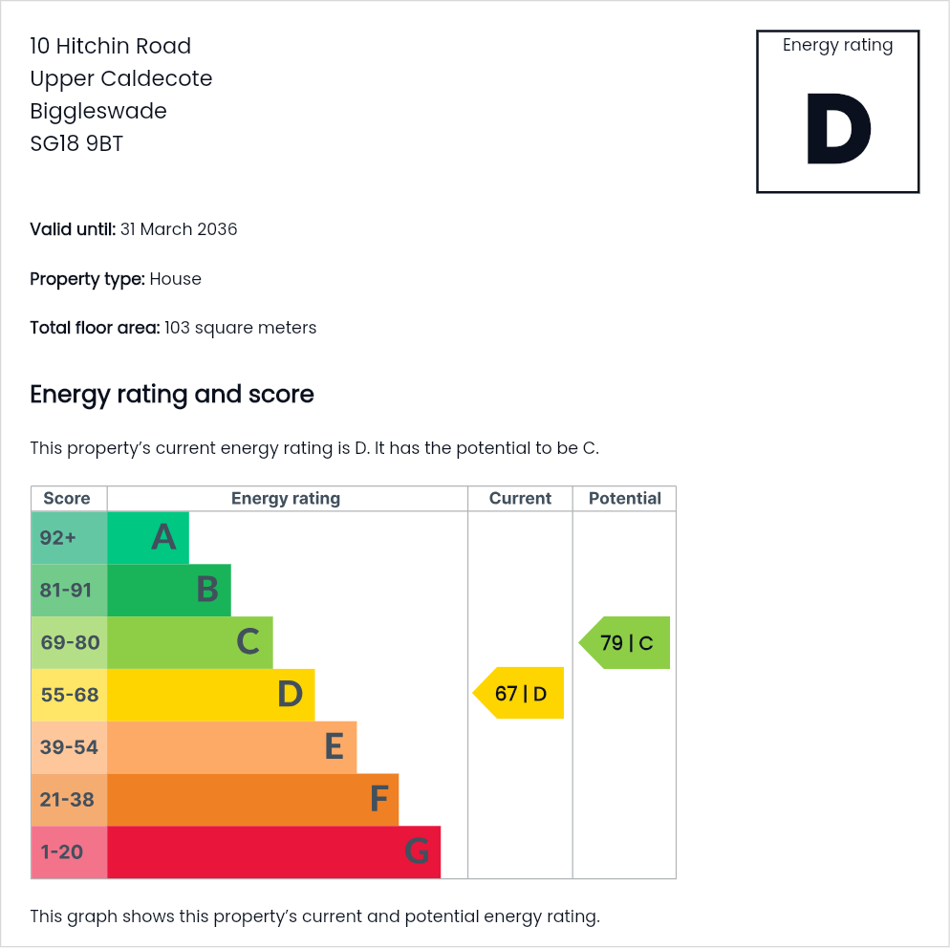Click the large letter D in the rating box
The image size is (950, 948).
tap(838, 128)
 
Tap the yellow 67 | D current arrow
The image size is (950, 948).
tap(518, 693)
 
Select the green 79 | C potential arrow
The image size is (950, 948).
tap(625, 643)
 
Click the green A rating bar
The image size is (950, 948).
tap(148, 538)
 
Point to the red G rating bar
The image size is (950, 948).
tap(274, 852)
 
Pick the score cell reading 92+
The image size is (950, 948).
tap(69, 538)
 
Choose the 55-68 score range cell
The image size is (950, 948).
tap(69, 695)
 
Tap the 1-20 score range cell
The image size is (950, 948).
tap(69, 852)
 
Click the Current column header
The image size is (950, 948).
tap(520, 499)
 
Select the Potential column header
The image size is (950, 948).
tap(625, 499)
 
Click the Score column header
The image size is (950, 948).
tap(67, 499)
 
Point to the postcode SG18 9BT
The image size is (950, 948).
tap(76, 143)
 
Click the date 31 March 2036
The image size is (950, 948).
tap(179, 229)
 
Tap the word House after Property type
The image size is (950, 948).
tap(175, 279)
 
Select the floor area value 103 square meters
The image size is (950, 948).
tap(241, 328)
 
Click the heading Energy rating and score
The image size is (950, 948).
tap(172, 395)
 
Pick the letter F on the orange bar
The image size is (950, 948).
tap(379, 799)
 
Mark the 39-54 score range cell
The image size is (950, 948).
tap(69, 747)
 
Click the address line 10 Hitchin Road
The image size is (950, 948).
tap(110, 46)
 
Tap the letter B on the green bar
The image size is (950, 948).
tap(207, 590)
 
